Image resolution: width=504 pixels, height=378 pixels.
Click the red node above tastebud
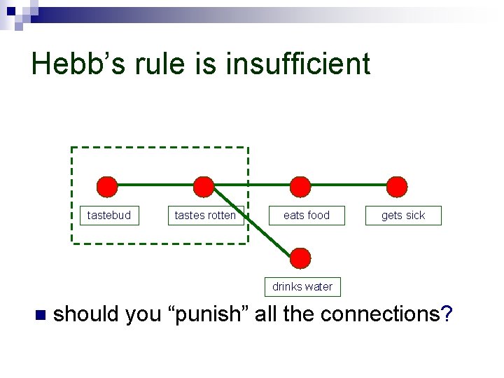(106, 187)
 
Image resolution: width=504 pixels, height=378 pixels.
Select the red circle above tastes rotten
(204, 187)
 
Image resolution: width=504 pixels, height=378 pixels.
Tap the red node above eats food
(300, 187)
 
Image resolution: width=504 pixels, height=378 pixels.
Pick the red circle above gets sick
(397, 187)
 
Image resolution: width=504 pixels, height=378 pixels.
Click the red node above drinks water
(300, 258)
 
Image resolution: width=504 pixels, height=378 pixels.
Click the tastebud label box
(109, 215)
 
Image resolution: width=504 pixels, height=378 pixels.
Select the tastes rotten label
(205, 215)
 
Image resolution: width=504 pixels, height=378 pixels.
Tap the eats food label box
(307, 215)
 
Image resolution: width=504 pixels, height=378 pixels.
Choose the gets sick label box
(403, 215)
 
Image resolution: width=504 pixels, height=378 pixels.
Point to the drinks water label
(302, 286)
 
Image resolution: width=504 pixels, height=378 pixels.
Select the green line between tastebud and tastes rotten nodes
(155, 185)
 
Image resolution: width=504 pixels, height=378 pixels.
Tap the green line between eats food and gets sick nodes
(349, 185)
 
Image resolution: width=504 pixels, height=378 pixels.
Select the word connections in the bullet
(381, 314)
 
